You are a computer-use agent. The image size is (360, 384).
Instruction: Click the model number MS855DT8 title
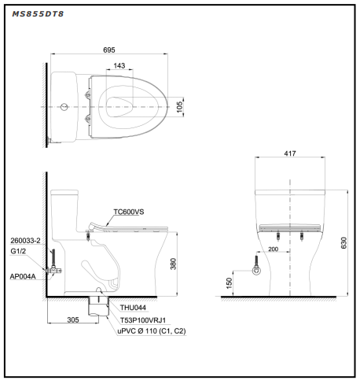coord(38,14)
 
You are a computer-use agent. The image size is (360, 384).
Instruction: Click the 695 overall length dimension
coord(109,50)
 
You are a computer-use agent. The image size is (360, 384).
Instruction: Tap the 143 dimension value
coord(119,65)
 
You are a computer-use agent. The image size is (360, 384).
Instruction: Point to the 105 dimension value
coord(179,107)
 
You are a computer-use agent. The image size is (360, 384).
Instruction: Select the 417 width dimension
coord(290,153)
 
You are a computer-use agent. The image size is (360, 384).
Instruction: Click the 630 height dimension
coord(343,243)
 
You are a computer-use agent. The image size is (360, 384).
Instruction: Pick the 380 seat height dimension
coord(173,264)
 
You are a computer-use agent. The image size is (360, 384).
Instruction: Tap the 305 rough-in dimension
coord(73,319)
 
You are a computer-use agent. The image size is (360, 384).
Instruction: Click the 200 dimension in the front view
coord(273,249)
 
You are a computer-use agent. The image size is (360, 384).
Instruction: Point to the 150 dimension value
coord(229,283)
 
